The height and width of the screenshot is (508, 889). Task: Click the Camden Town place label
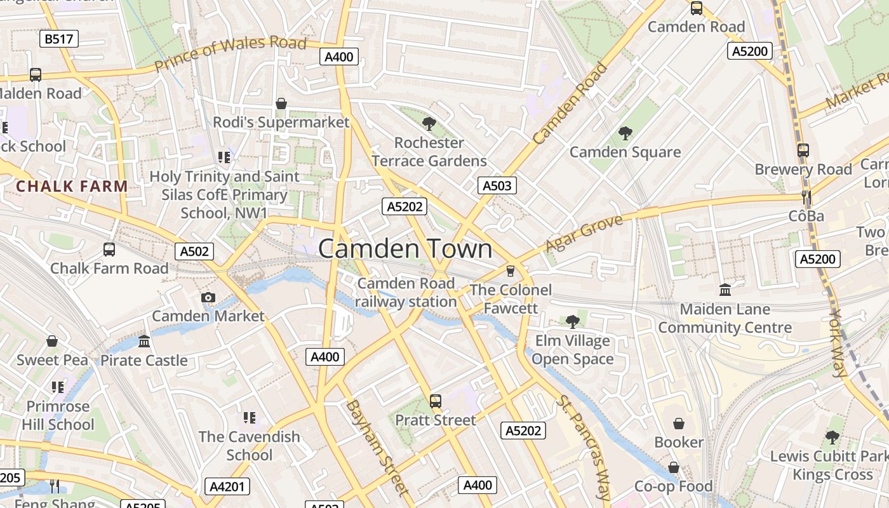coord(405,248)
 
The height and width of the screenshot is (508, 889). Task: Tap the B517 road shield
coord(59,39)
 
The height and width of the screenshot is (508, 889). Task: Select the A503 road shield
coord(497,185)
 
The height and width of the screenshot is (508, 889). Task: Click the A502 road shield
coord(194,251)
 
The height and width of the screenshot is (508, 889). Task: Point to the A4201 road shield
coord(228,487)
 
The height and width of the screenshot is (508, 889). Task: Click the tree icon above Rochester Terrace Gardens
coord(429,123)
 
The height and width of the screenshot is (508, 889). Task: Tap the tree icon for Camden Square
coord(625,133)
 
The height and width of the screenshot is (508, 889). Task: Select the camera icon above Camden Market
coord(208,297)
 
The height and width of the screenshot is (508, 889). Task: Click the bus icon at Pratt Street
coord(436,401)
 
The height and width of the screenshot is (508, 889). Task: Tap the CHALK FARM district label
coord(72,187)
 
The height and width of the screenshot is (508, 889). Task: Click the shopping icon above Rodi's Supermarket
coord(281,103)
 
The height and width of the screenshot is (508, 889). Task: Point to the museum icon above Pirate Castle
coord(144,342)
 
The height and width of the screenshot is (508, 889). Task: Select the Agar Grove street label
coord(576,233)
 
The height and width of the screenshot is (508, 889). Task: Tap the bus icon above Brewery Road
coord(803,150)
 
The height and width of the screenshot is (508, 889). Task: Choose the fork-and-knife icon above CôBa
coord(806,197)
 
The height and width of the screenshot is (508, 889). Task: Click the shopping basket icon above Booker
coord(679,423)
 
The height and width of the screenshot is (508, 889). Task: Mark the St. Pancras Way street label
coord(583,448)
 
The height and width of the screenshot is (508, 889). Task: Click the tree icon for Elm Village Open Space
coord(572,321)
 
